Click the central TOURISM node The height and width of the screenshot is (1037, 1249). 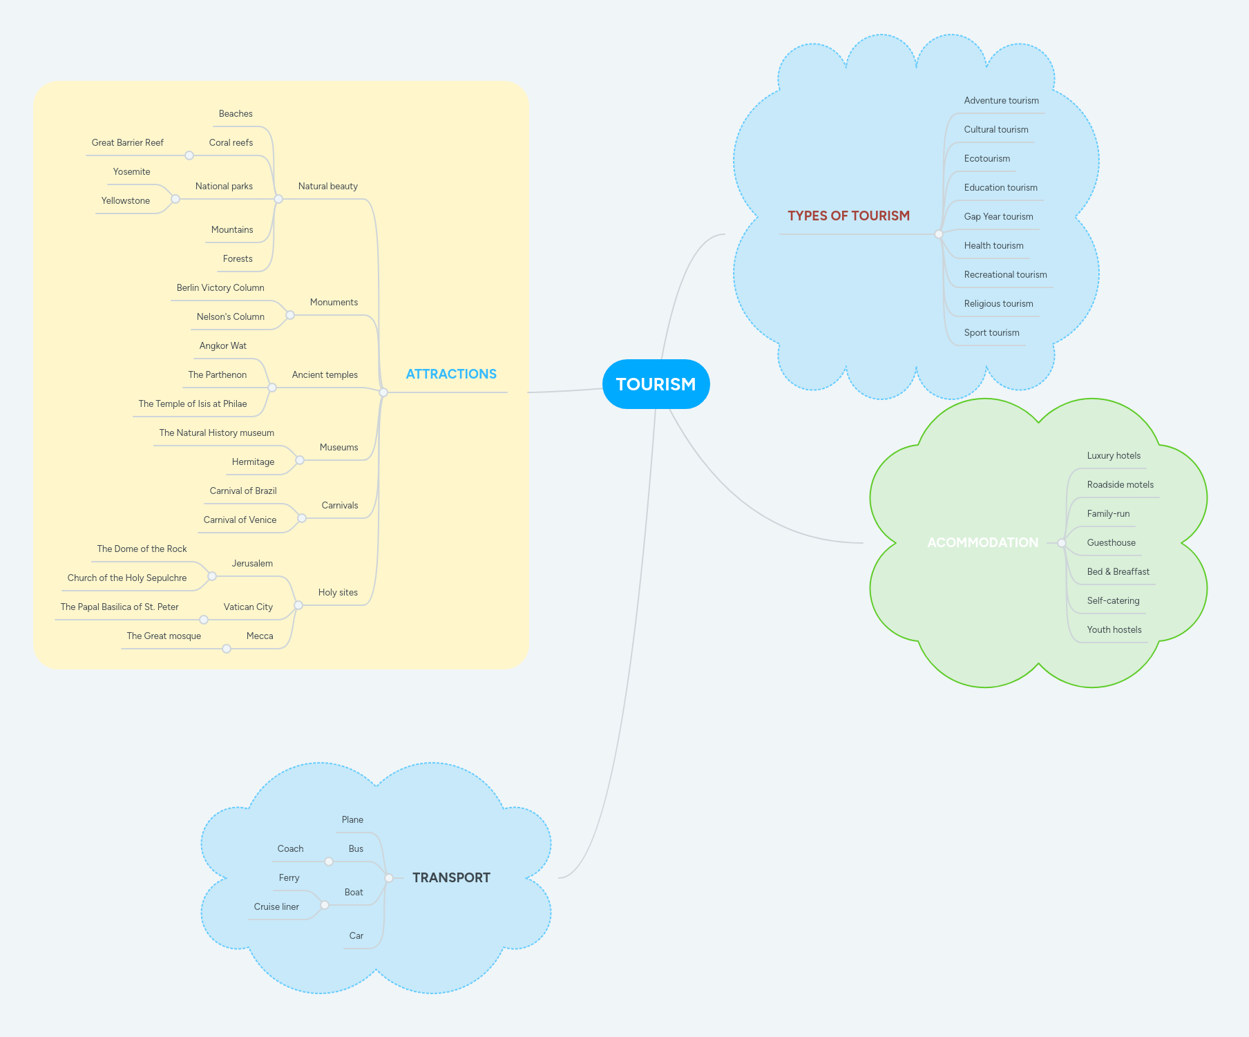tap(656, 384)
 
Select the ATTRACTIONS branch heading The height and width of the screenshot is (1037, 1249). tap(451, 374)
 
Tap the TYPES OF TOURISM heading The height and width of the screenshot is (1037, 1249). tap(848, 216)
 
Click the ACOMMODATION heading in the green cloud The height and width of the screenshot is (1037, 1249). tap(982, 543)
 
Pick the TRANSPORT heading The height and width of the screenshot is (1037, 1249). tap(451, 878)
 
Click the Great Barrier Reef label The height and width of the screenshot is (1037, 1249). tap(128, 143)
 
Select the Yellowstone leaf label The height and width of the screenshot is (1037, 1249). tap(126, 201)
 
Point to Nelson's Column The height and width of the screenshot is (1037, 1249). tap(230, 317)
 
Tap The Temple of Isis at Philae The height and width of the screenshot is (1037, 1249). tap(193, 404)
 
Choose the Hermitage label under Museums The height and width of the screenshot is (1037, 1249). tap(253, 462)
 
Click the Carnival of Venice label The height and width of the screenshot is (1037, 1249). tap(240, 520)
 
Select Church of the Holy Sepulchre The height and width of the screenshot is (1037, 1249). tap(127, 578)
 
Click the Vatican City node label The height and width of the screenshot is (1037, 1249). tap(248, 607)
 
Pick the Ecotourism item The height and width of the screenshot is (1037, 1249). tap(986, 159)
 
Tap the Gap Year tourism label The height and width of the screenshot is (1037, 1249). tap(998, 217)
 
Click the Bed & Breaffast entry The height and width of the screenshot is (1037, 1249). tap(1118, 572)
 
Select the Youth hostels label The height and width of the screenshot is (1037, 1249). tap(1114, 630)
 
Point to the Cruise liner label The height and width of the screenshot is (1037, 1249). tap(276, 907)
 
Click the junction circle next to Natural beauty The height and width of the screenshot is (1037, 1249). tap(278, 199)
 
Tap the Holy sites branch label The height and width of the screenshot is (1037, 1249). tap(338, 593)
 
